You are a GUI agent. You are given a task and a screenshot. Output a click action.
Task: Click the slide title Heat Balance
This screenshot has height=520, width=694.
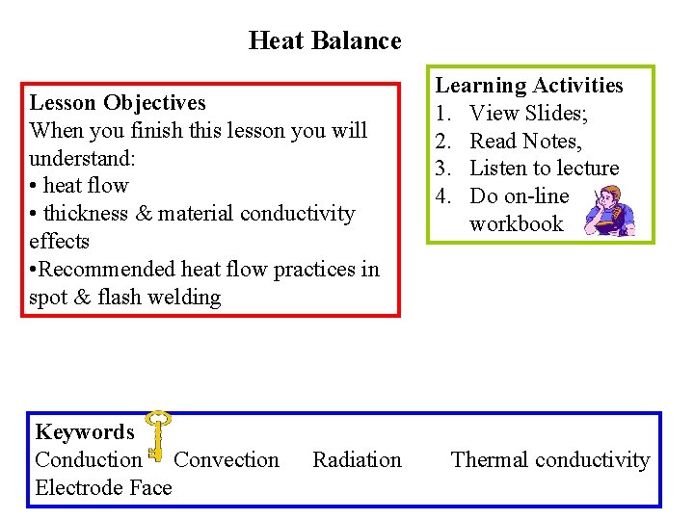[x=325, y=40]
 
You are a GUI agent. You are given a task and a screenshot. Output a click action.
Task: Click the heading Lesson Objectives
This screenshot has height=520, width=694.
[x=118, y=102]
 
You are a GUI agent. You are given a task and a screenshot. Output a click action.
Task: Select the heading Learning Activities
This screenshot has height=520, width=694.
[x=529, y=86]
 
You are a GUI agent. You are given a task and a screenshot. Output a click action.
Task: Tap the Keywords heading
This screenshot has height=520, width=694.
[x=84, y=432]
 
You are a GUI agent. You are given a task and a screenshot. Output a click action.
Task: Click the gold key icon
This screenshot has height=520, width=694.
[x=156, y=434]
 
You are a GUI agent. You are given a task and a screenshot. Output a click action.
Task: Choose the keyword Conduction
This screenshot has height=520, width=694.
[x=88, y=460]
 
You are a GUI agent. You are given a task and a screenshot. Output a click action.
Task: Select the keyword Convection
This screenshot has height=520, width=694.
[x=227, y=460]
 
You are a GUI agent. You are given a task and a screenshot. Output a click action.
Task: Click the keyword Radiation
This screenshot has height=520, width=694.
[x=357, y=460]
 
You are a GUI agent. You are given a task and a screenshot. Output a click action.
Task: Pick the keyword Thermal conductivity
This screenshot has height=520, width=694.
[x=550, y=460]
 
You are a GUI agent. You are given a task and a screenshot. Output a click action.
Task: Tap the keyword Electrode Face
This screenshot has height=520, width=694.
[x=103, y=488]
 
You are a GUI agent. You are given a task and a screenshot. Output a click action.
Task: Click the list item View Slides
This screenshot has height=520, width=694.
[x=529, y=114]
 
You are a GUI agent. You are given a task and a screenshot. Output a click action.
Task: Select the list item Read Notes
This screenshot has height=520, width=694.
[x=525, y=142]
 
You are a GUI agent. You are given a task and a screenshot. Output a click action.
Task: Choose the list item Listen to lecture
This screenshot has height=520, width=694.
[x=544, y=169]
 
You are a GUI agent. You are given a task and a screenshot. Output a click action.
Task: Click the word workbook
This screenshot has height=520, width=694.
[x=516, y=224]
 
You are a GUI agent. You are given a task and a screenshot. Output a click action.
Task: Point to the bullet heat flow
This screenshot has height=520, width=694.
[x=85, y=186]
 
